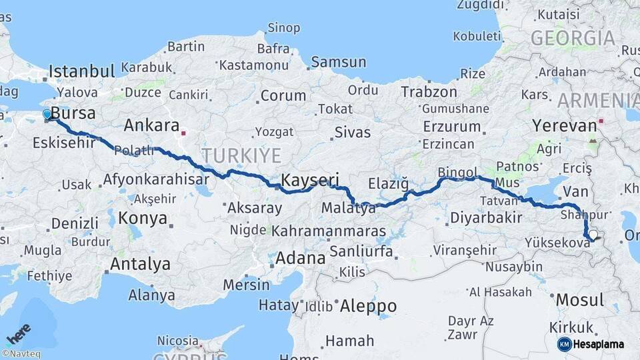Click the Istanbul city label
coord(81,71)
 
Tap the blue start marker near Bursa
coord(47,115)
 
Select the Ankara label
coord(151,125)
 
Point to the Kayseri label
coord(310,180)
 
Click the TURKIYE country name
coord(241,155)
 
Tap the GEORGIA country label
coord(572,38)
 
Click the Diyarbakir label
coord(485,217)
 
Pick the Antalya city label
coord(140,264)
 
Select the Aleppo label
coord(368,307)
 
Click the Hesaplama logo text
coord(599,344)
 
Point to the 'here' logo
coord(19,333)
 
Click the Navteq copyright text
coord(21,354)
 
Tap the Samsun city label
coord(338,62)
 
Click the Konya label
coord(142,218)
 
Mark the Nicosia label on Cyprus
coord(177,341)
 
